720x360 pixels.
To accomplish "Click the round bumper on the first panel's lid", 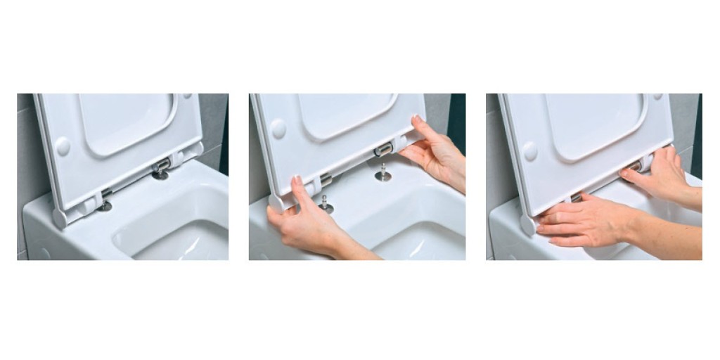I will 63,146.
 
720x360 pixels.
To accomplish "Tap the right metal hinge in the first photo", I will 160,169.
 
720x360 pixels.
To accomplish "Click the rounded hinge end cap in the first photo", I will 60,217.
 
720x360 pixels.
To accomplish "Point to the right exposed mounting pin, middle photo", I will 383,172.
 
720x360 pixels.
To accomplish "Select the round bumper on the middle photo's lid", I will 278,128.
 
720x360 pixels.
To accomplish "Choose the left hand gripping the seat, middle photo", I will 302,225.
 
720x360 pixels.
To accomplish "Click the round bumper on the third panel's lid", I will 529,150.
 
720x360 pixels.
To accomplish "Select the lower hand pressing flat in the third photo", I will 584,221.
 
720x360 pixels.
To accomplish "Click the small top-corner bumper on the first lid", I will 188,97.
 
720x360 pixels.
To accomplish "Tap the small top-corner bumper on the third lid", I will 657,97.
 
